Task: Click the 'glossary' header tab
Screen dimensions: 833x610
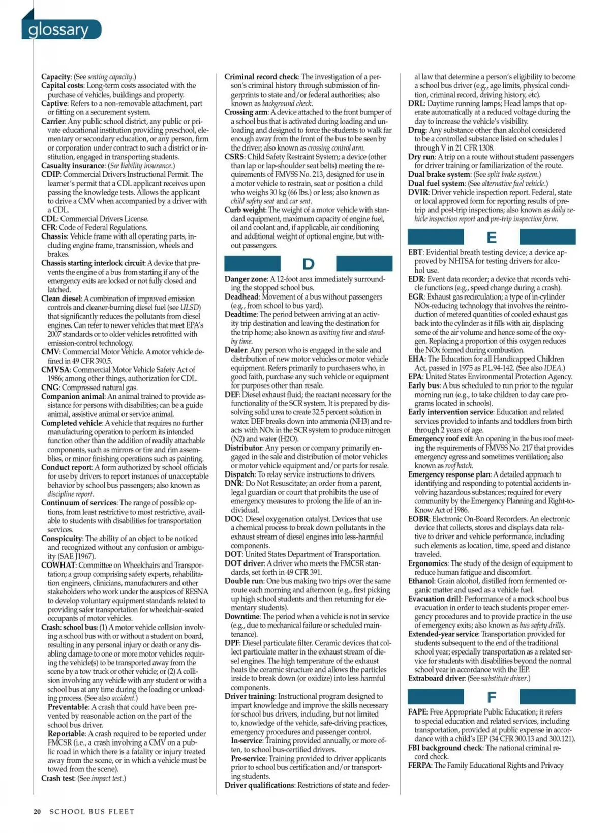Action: [x=59, y=29]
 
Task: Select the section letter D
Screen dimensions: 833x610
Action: [x=308, y=263]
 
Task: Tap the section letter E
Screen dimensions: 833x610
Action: [x=492, y=237]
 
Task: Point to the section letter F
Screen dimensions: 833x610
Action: [x=492, y=697]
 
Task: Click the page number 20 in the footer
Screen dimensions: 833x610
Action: [x=37, y=812]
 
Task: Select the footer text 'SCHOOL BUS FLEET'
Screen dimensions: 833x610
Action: [x=92, y=812]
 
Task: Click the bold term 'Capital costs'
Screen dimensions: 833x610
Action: [x=62, y=85]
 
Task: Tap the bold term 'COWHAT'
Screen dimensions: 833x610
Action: [x=58, y=565]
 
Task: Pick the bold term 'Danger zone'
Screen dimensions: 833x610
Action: [x=246, y=279]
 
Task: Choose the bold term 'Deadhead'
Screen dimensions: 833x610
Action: [x=241, y=297]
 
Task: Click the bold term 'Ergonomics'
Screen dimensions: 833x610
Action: [x=428, y=563]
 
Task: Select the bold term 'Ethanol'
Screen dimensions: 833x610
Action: [x=421, y=581]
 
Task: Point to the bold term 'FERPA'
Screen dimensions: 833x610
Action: [x=419, y=765]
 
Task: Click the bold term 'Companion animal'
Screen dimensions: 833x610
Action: [x=73, y=396]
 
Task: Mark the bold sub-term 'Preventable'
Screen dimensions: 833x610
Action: [x=68, y=707]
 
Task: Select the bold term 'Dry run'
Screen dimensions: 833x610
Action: [x=421, y=157]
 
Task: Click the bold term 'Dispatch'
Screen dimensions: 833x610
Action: [x=239, y=474]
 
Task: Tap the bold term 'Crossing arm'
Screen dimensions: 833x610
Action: [x=246, y=112]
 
